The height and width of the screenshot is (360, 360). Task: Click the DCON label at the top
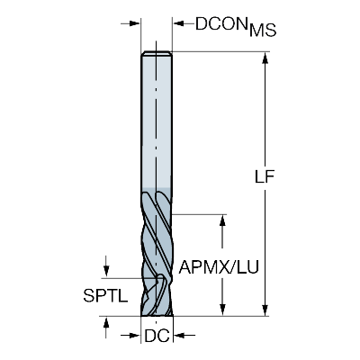pos(220,23)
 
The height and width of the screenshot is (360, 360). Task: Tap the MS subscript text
pos(263,30)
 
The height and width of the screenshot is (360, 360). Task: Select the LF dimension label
pos(265,177)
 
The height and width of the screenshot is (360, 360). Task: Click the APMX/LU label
pos(219,267)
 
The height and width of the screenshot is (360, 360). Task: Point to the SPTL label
pos(105,296)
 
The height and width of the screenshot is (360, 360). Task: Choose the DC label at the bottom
pos(157,336)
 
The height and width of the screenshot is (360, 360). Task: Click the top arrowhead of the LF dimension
pos(265,58)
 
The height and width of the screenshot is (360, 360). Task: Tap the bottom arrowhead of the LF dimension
pos(265,310)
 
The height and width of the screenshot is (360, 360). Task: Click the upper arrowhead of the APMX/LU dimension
pos(222,220)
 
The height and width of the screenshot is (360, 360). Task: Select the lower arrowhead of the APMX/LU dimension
pos(222,310)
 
